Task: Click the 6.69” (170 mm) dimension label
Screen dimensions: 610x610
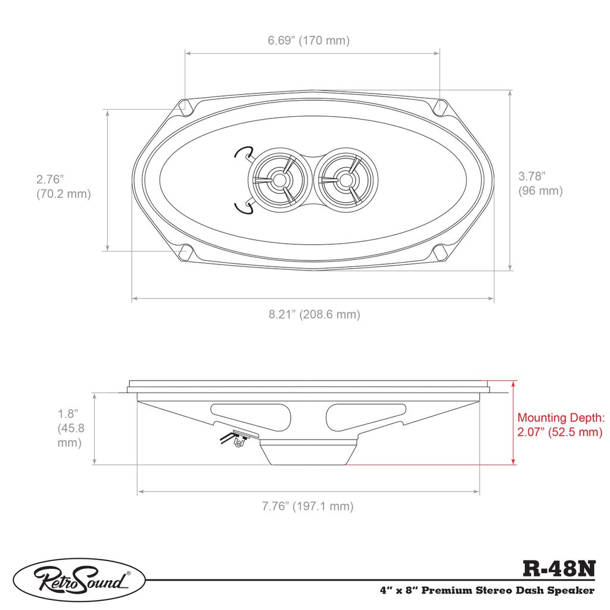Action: pos(309,41)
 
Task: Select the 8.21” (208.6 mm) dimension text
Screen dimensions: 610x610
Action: pos(315,314)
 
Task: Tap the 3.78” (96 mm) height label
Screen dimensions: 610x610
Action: pos(540,183)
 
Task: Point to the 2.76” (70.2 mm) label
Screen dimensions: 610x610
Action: pos(63,186)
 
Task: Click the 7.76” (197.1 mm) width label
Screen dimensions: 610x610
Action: pos(308,506)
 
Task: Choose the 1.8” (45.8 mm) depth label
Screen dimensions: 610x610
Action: pos(71,428)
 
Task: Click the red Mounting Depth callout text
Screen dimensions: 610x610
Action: pos(561,425)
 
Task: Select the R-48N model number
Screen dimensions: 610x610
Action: pos(559,569)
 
